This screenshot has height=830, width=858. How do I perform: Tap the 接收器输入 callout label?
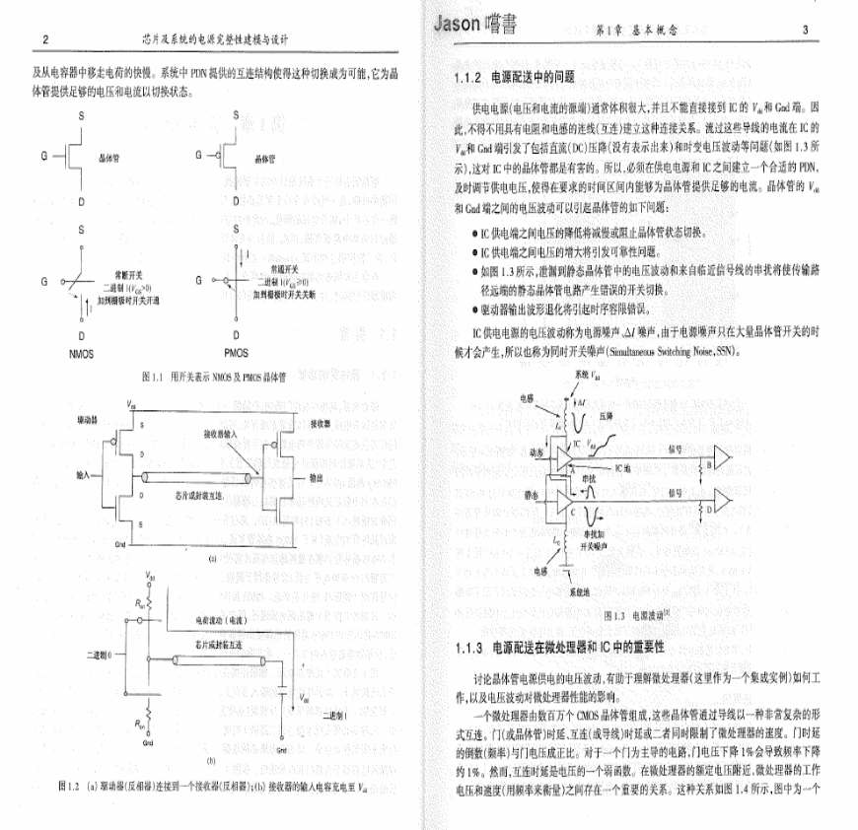[x=222, y=435]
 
